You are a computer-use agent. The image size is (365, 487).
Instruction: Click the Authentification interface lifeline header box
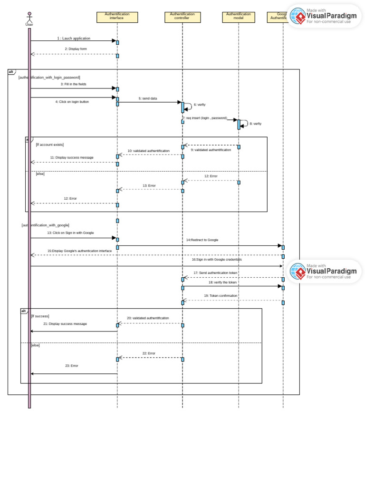[x=117, y=17]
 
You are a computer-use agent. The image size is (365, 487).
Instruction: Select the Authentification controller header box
[x=182, y=17]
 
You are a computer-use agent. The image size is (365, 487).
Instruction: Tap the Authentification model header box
[x=239, y=17]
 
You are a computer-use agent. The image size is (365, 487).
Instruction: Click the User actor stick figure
[x=29, y=18]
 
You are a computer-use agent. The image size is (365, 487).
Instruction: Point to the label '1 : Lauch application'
[x=74, y=38]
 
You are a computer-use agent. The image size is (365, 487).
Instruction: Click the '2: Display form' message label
[x=76, y=49]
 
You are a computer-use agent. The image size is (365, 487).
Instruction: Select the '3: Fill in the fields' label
[x=73, y=84]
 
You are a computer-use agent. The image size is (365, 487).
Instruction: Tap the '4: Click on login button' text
[x=72, y=101]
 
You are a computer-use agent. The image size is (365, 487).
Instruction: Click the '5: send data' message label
[x=148, y=98]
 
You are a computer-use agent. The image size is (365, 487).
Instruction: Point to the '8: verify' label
[x=255, y=123]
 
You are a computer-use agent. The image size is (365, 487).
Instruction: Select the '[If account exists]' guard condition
[x=50, y=144]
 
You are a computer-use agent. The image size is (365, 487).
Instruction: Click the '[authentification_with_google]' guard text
[x=46, y=225]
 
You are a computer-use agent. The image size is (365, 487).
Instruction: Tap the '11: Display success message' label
[x=72, y=157]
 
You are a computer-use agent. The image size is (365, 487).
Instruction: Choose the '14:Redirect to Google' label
[x=202, y=240]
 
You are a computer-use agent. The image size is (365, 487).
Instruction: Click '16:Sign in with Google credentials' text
[x=217, y=260]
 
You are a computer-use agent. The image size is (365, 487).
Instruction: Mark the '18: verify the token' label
[x=222, y=282]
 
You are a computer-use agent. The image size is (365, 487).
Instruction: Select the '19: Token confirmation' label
[x=221, y=295]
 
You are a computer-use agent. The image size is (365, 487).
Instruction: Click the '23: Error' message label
[x=72, y=366]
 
